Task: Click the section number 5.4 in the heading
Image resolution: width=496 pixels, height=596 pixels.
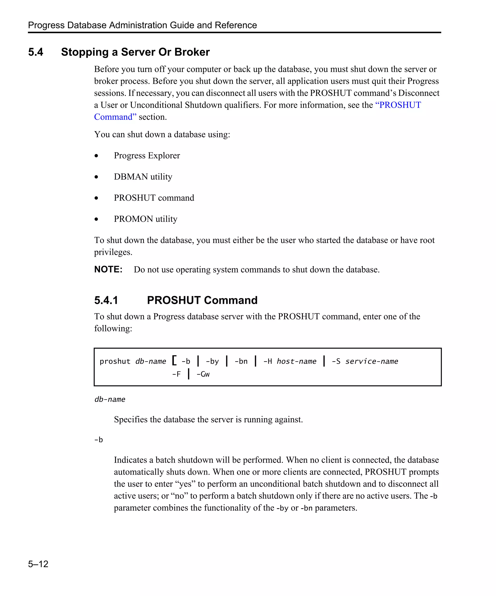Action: click(36, 52)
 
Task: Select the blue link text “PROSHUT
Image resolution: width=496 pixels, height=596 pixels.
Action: click(398, 105)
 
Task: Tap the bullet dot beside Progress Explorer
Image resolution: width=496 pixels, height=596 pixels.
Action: click(96, 156)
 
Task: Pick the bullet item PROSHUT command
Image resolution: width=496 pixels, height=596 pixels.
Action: click(154, 198)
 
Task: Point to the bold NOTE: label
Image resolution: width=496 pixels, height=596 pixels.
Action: click(108, 269)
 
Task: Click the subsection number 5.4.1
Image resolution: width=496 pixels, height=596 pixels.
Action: click(106, 300)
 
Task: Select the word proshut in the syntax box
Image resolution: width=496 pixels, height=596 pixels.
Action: click(115, 361)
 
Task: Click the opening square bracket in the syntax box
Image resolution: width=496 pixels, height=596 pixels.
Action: click(174, 361)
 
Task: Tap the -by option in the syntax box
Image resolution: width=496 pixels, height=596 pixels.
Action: click(212, 361)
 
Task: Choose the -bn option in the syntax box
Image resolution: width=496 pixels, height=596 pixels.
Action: click(241, 361)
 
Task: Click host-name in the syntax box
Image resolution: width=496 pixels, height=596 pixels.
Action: click(296, 361)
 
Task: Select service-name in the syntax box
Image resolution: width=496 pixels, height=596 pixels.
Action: click(372, 361)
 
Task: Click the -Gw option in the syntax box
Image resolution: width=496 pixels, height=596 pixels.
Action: click(203, 374)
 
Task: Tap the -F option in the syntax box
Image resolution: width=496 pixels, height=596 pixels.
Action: click(176, 374)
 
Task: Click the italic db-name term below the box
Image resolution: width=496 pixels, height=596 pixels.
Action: click(110, 399)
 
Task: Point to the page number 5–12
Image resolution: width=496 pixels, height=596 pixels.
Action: click(38, 564)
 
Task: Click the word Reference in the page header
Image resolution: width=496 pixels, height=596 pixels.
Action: click(236, 25)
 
